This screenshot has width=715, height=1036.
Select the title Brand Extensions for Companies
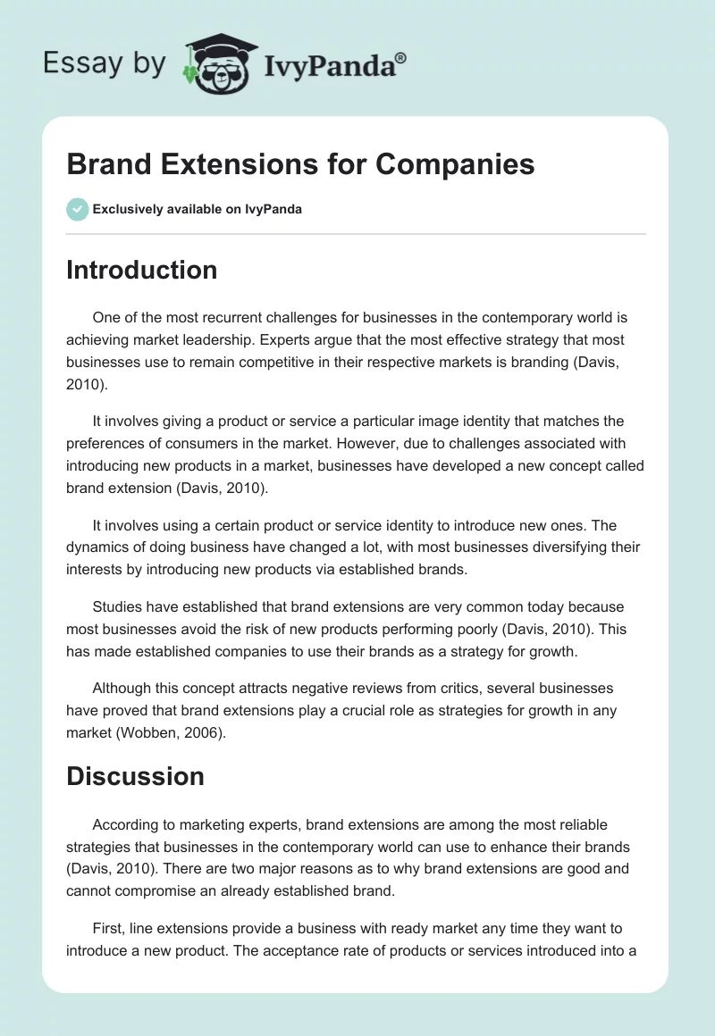(300, 164)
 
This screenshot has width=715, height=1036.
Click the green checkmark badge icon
(77, 209)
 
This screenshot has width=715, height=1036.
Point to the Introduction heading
(141, 270)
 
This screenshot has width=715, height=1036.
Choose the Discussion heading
(135, 775)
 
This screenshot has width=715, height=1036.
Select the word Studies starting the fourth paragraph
(119, 607)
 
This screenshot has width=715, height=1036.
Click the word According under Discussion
(127, 825)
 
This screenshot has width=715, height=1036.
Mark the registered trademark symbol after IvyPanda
(400, 57)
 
